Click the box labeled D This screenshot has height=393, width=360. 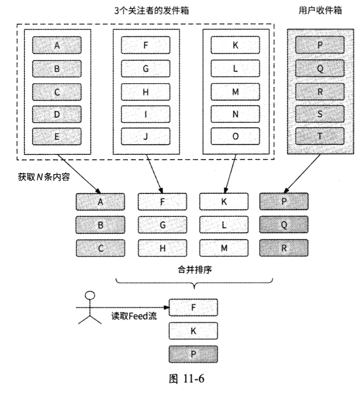coord(57,114)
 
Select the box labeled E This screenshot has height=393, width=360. coord(57,136)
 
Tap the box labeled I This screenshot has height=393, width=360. coord(145,114)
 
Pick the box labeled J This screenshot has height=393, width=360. coord(145,136)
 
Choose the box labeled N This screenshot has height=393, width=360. coord(235,114)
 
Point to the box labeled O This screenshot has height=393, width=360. coord(235,136)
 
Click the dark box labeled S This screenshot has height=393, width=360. coord(320,114)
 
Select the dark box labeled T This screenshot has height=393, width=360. coord(320,136)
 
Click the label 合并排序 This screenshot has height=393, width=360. coord(193,270)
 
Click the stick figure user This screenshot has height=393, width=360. coord(89,308)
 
